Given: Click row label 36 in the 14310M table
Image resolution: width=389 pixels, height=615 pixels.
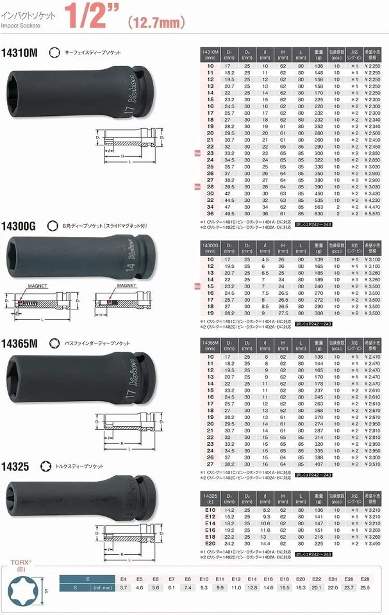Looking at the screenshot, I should coord(210,214).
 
